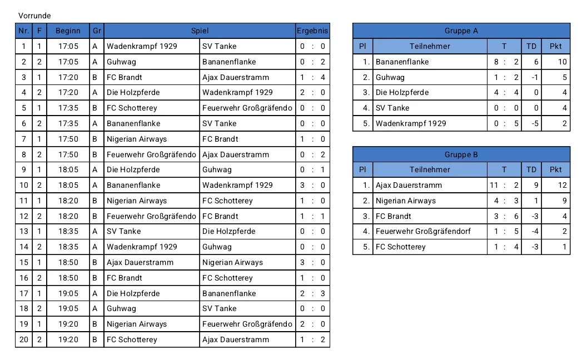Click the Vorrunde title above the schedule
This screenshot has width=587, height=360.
tap(34, 16)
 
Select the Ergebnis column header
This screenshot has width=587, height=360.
tap(312, 31)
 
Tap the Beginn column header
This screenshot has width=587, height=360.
tap(68, 31)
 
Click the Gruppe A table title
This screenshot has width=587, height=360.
tap(461, 31)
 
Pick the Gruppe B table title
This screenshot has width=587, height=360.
tap(461, 154)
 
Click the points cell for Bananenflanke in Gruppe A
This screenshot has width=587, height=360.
tap(556, 62)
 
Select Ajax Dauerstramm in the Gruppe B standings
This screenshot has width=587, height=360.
tap(409, 185)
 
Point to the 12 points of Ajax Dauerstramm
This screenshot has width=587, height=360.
tap(556, 185)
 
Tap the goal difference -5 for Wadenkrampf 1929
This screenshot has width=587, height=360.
tap(531, 123)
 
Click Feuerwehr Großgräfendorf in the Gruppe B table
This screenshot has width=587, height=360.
tap(423, 231)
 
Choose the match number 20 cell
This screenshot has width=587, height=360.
tap(23, 339)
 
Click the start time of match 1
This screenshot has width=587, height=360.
tap(68, 46)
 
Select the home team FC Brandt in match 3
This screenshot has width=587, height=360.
tap(125, 77)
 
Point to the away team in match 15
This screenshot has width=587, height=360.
tap(232, 262)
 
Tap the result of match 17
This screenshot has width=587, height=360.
tap(312, 293)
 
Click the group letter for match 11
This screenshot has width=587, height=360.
tap(97, 201)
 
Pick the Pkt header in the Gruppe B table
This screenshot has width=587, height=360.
tap(556, 169)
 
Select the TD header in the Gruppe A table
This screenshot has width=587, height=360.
tap(531, 46)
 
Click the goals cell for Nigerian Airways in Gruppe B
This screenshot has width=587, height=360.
tap(504, 201)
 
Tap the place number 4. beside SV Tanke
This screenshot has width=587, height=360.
tap(362, 108)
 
